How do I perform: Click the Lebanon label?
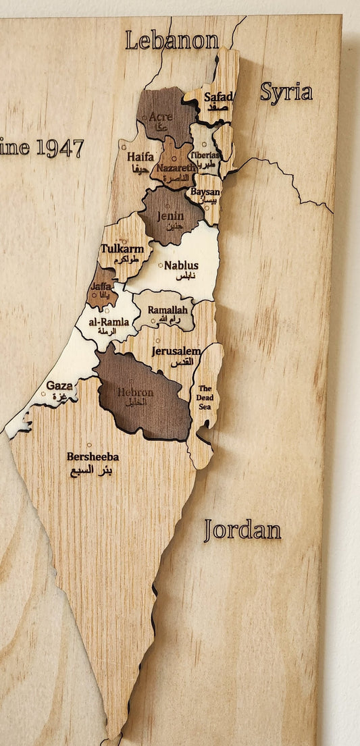pos(172,40)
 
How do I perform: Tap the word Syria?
pos(286,92)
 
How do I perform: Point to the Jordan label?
pos(242,530)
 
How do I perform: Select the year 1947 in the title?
pos(60,148)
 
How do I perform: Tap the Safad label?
pos(218,97)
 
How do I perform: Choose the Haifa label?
pos(140,157)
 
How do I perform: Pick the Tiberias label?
pos(205,155)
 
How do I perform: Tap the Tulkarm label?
pos(122,248)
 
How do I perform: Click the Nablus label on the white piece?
pos(181,265)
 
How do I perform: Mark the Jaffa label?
pos(101,287)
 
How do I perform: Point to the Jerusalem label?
pos(176,351)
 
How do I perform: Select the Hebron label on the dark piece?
pos(136,392)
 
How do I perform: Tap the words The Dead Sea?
pos(205,397)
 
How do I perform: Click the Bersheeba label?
pos(93,456)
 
